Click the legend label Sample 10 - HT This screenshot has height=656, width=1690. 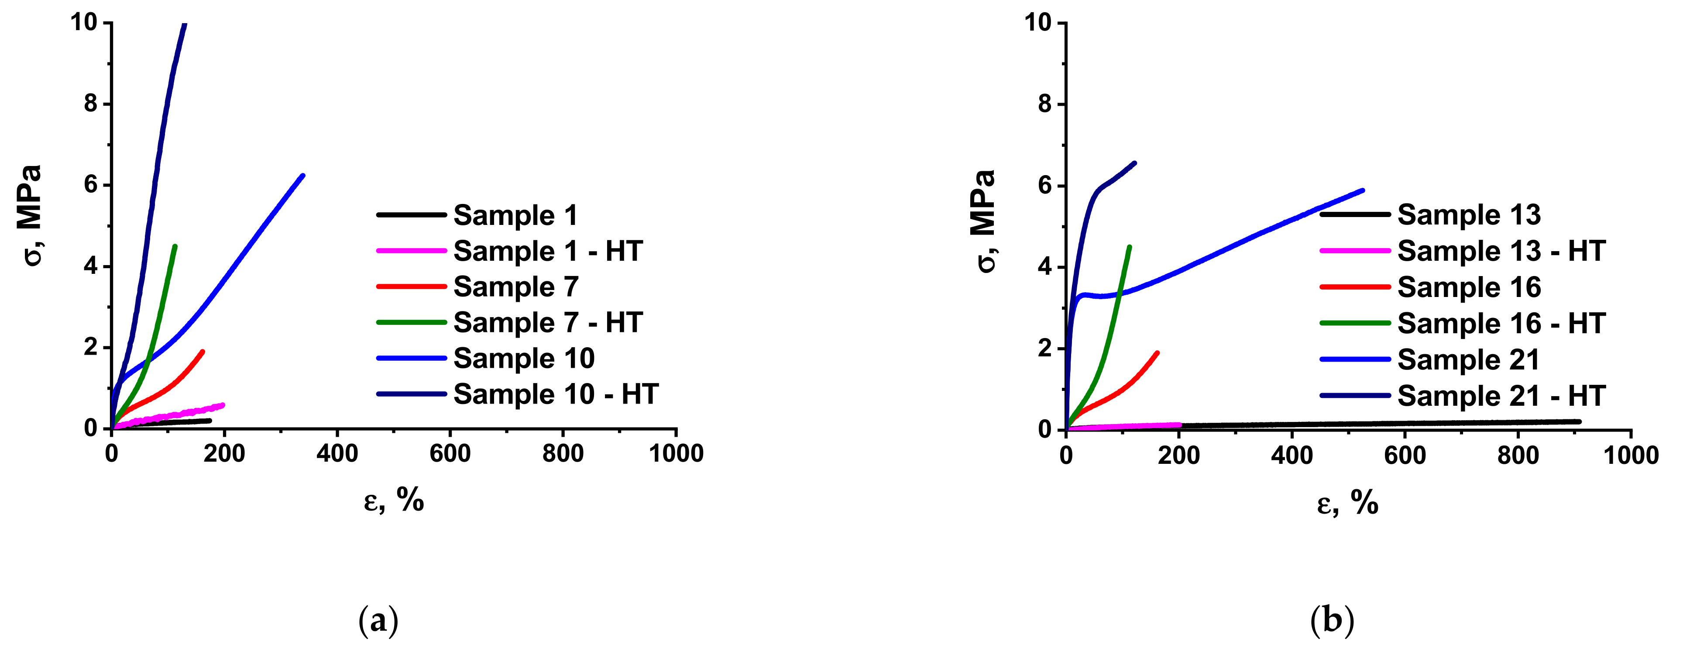pos(556,394)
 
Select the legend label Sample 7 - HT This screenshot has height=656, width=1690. pos(548,322)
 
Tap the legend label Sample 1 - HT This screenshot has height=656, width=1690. pos(548,251)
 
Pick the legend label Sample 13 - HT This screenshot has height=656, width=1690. pos(1501,251)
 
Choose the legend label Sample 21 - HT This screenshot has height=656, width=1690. pos(1501,395)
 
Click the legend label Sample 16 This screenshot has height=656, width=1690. pos(1469,287)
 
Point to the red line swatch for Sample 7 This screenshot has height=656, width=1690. pos(411,287)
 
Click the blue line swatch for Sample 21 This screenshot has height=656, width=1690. pos(1355,359)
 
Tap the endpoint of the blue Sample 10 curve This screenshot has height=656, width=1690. pos(303,175)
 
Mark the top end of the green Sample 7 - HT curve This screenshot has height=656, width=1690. pos(175,246)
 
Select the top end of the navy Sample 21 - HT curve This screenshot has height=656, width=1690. pos(1134,163)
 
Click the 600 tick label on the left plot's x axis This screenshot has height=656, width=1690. pos(450,453)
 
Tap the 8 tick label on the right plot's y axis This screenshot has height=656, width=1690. pos(1044,104)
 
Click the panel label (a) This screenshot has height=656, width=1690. pos(378,620)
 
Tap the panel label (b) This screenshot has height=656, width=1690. pos(1332,620)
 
